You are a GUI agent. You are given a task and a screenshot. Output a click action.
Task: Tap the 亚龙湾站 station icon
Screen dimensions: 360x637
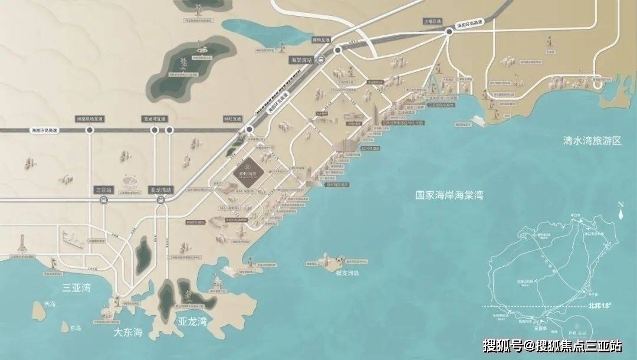[160, 200]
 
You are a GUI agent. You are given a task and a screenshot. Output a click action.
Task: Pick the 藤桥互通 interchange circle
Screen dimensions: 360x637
[338, 51]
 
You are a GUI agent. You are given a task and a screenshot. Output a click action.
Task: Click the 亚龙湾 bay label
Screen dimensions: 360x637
[192, 322]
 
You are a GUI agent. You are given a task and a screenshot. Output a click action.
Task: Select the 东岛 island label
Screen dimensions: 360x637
[75, 328]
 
